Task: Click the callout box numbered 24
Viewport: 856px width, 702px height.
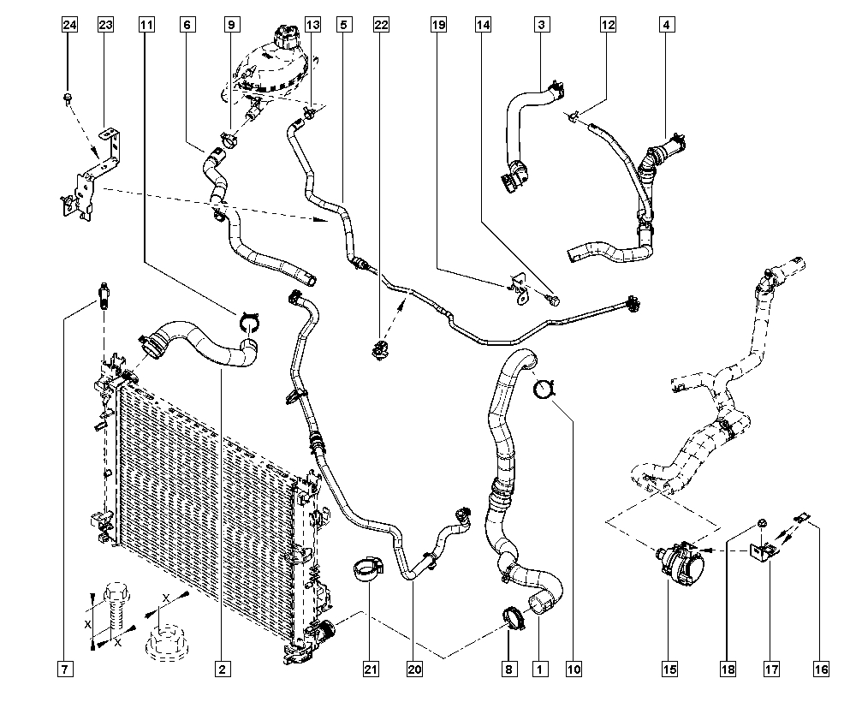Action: point(69,26)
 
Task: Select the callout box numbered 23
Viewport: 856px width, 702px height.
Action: point(105,26)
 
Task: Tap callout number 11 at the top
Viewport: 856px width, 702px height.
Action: point(147,26)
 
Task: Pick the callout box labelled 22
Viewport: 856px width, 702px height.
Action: point(381,26)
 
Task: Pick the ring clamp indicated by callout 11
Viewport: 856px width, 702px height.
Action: point(248,323)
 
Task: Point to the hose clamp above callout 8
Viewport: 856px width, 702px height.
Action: point(515,617)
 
